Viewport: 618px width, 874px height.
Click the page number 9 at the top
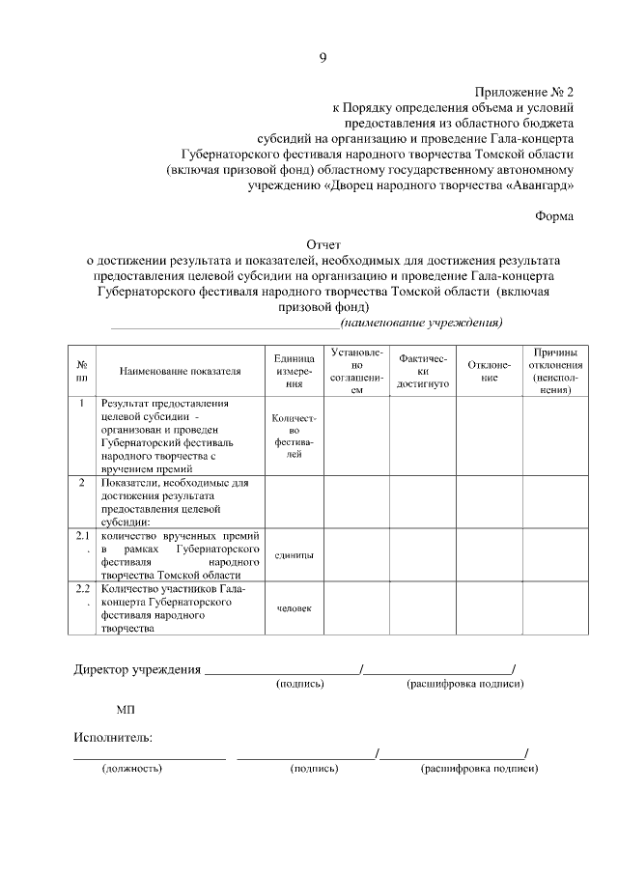coord(323,58)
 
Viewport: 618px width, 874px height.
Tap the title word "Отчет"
coord(323,245)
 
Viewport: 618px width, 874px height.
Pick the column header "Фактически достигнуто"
coord(422,371)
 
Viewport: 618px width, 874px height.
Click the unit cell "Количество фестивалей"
coord(295,436)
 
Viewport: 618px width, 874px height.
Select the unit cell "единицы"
coord(295,555)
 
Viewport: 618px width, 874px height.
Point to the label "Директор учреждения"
coord(137,668)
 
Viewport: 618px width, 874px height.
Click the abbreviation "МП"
coord(126,710)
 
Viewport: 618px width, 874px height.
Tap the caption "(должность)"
coord(132,769)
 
